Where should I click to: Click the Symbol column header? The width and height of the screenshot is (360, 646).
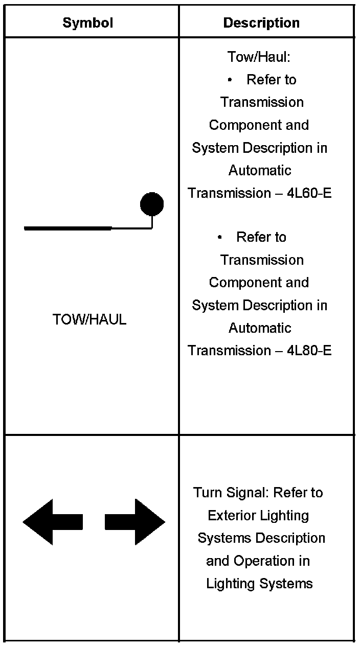pos(87,22)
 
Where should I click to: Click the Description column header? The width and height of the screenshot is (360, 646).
pos(261,22)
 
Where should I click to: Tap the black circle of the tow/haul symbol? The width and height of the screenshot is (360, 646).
pos(152,204)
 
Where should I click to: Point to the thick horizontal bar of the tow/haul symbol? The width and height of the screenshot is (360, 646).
pos(67,228)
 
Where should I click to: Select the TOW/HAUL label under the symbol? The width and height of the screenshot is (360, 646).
pos(89,320)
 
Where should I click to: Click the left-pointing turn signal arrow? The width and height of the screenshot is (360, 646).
pos(53,522)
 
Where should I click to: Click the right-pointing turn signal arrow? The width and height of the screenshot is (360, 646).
pos(135,522)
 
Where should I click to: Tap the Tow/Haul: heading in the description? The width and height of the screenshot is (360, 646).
pos(259,57)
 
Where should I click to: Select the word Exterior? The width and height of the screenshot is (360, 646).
pos(230,515)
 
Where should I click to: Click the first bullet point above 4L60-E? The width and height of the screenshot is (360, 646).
pos(230,80)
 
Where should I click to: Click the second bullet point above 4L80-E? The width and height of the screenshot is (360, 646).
pos(220,238)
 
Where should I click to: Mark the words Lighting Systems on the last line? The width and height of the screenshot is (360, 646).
pos(259,583)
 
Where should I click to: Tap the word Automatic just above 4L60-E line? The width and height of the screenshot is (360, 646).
pos(260,170)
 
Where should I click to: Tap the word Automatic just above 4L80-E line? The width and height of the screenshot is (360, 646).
pos(260,328)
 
